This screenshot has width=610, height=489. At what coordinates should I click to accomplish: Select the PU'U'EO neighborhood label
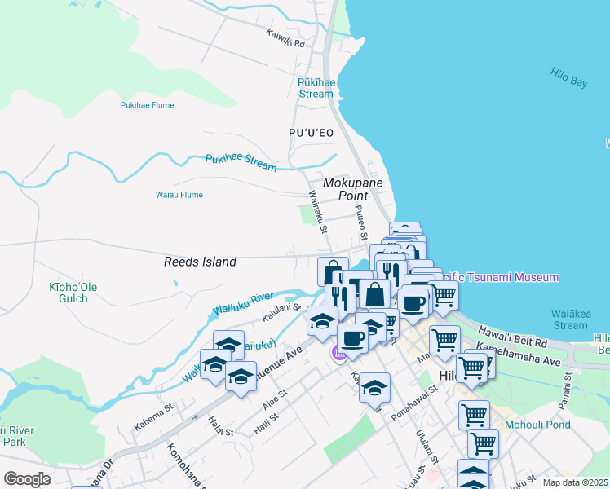click(311, 132)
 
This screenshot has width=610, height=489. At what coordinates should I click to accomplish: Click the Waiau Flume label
click(179, 195)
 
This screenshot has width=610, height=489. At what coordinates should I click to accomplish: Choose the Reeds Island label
click(200, 262)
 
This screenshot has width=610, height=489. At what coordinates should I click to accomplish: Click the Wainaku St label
click(317, 211)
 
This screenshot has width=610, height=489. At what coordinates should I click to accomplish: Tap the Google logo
click(27, 479)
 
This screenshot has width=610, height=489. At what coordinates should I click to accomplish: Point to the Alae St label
click(275, 399)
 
